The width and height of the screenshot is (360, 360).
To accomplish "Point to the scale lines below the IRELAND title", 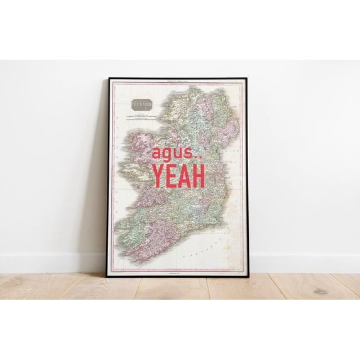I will [142, 117].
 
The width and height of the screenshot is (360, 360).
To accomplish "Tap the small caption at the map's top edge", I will [178, 83].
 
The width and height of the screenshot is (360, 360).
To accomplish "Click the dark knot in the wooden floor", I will [320, 291].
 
